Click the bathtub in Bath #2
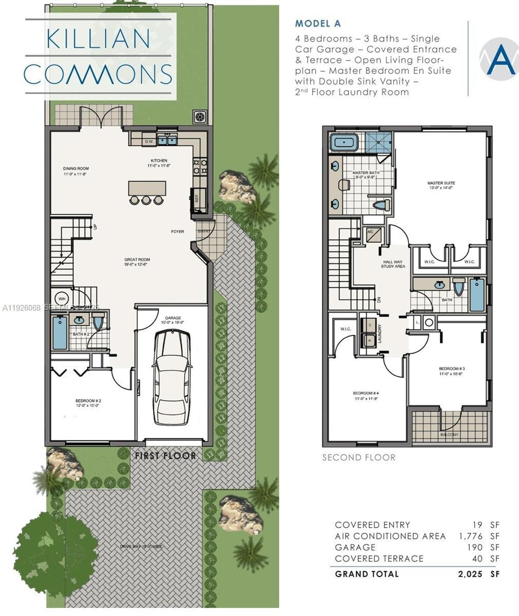[60, 333]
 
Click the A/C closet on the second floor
[372, 234]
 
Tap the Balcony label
[450, 435]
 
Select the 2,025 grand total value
[470, 574]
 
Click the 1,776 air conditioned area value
[471, 536]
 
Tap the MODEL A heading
[317, 24]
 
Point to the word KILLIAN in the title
[98, 40]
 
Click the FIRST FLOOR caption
[165, 455]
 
